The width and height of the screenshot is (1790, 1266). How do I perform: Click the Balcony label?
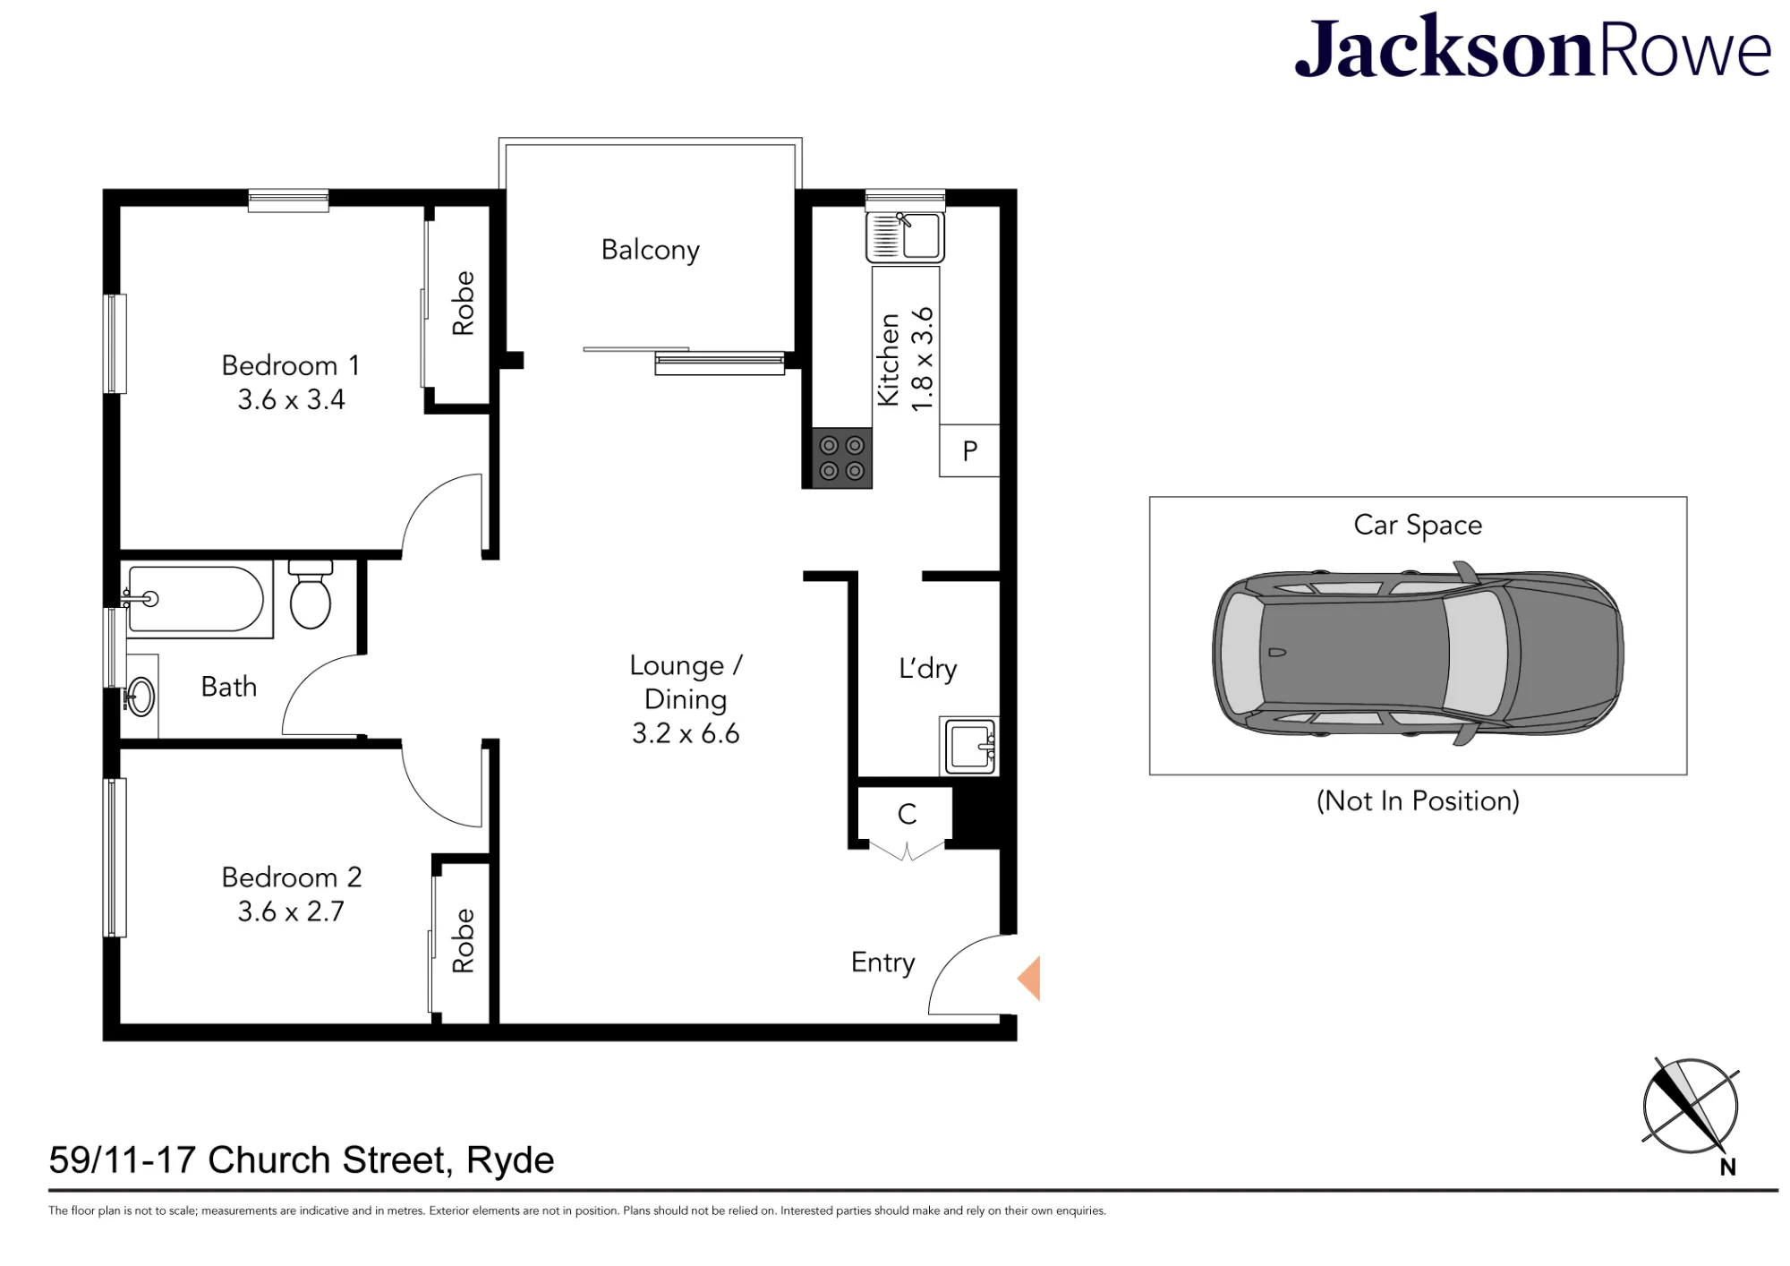650,250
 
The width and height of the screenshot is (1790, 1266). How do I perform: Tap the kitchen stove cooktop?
841,458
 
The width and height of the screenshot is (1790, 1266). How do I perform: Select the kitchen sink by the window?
905,235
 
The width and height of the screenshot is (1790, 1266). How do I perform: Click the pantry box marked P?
969,450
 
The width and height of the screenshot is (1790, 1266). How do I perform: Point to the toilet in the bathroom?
311,594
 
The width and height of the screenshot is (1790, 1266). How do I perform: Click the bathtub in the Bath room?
196,599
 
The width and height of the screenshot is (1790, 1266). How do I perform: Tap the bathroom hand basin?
141,696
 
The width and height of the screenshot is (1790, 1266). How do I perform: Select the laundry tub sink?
969,745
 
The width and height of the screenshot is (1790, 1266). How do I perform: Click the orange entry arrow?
1028,978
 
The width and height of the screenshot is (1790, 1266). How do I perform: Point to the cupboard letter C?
907,814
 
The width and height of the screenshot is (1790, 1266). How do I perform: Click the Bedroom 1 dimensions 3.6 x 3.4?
291,399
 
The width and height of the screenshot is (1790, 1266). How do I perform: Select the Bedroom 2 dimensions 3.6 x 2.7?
291,911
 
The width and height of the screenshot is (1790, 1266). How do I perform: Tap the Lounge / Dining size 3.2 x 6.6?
686,734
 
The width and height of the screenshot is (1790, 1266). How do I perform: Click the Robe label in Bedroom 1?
463,304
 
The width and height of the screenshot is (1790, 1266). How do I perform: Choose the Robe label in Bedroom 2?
463,941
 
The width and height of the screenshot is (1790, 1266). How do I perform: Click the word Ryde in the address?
510,1161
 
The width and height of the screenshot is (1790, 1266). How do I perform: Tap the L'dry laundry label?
927,669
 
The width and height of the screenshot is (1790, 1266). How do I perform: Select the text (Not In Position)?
1418,800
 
